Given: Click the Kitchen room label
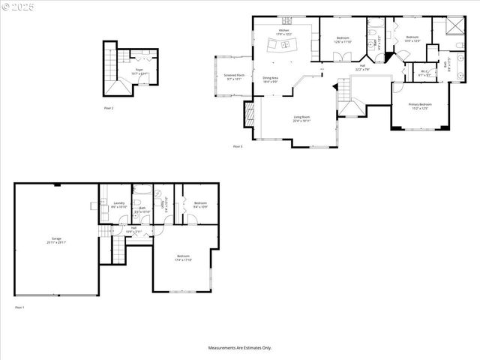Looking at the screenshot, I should click(x=283, y=31).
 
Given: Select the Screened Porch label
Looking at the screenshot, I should click(x=234, y=76).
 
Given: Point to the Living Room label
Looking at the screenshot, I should click(x=301, y=118).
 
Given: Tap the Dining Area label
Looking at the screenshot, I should click(x=271, y=79).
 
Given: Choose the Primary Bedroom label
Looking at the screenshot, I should click(x=420, y=106).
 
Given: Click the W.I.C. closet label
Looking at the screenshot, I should click(x=424, y=73).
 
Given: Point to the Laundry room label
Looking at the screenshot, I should click(x=118, y=205).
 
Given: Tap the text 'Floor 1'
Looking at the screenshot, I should click(x=19, y=307).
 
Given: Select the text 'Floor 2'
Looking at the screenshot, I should click(x=109, y=109).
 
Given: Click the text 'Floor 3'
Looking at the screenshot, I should click(x=238, y=146).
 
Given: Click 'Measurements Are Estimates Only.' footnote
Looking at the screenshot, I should click(x=240, y=348).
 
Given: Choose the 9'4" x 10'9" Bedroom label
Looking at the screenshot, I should click(x=200, y=204).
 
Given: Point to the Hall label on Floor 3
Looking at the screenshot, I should click(x=362, y=67).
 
